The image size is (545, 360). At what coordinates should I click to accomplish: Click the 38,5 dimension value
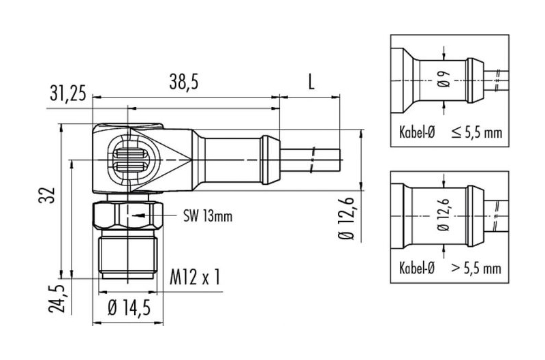pyautogui.click(x=183, y=82)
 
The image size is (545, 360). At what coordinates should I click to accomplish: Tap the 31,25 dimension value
pyautogui.click(x=67, y=93)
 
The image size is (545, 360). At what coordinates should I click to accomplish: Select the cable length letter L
pyautogui.click(x=311, y=82)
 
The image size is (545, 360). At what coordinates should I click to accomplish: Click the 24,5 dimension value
pyautogui.click(x=57, y=299)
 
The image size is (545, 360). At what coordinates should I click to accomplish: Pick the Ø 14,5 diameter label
pyautogui.click(x=129, y=307)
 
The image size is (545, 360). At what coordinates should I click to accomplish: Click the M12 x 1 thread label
pyautogui.click(x=195, y=277)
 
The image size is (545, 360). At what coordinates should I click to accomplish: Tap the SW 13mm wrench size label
pyautogui.click(x=208, y=216)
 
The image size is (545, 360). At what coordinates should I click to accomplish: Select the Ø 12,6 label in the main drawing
pyautogui.click(x=346, y=218)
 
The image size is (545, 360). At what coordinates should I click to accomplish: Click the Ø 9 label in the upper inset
pyautogui.click(x=444, y=79)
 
